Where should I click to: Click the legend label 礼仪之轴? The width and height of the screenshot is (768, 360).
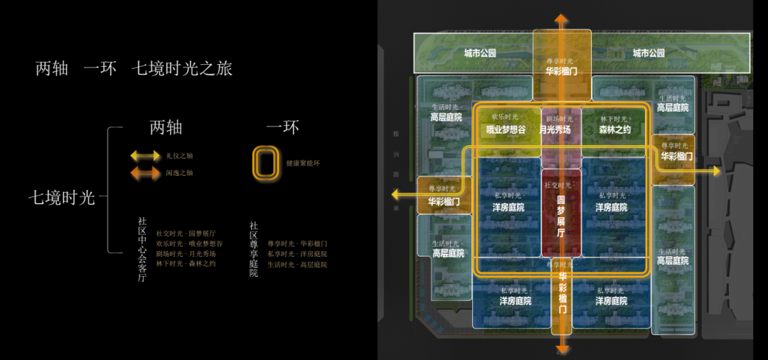[179, 155]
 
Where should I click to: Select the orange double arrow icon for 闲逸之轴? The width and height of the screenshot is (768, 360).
[145, 172]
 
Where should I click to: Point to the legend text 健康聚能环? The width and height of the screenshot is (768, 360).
[302, 163]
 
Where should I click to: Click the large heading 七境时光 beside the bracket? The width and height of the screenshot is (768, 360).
[61, 198]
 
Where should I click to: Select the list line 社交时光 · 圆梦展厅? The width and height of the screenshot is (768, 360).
[186, 233]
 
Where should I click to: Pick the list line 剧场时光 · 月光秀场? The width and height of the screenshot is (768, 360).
[186, 254]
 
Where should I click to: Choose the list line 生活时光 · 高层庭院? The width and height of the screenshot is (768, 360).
[297, 265]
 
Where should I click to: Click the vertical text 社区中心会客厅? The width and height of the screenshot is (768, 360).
[142, 249]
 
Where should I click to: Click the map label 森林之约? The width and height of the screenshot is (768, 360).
[614, 129]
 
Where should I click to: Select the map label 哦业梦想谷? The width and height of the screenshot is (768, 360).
[506, 129]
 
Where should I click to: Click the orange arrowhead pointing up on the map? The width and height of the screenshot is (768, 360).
[562, 18]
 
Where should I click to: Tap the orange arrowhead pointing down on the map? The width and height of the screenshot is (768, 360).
[562, 349]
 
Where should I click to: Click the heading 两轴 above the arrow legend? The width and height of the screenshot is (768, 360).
[166, 127]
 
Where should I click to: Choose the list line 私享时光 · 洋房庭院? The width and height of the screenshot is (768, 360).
[297, 254]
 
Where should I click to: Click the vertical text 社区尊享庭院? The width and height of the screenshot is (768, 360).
[253, 249]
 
